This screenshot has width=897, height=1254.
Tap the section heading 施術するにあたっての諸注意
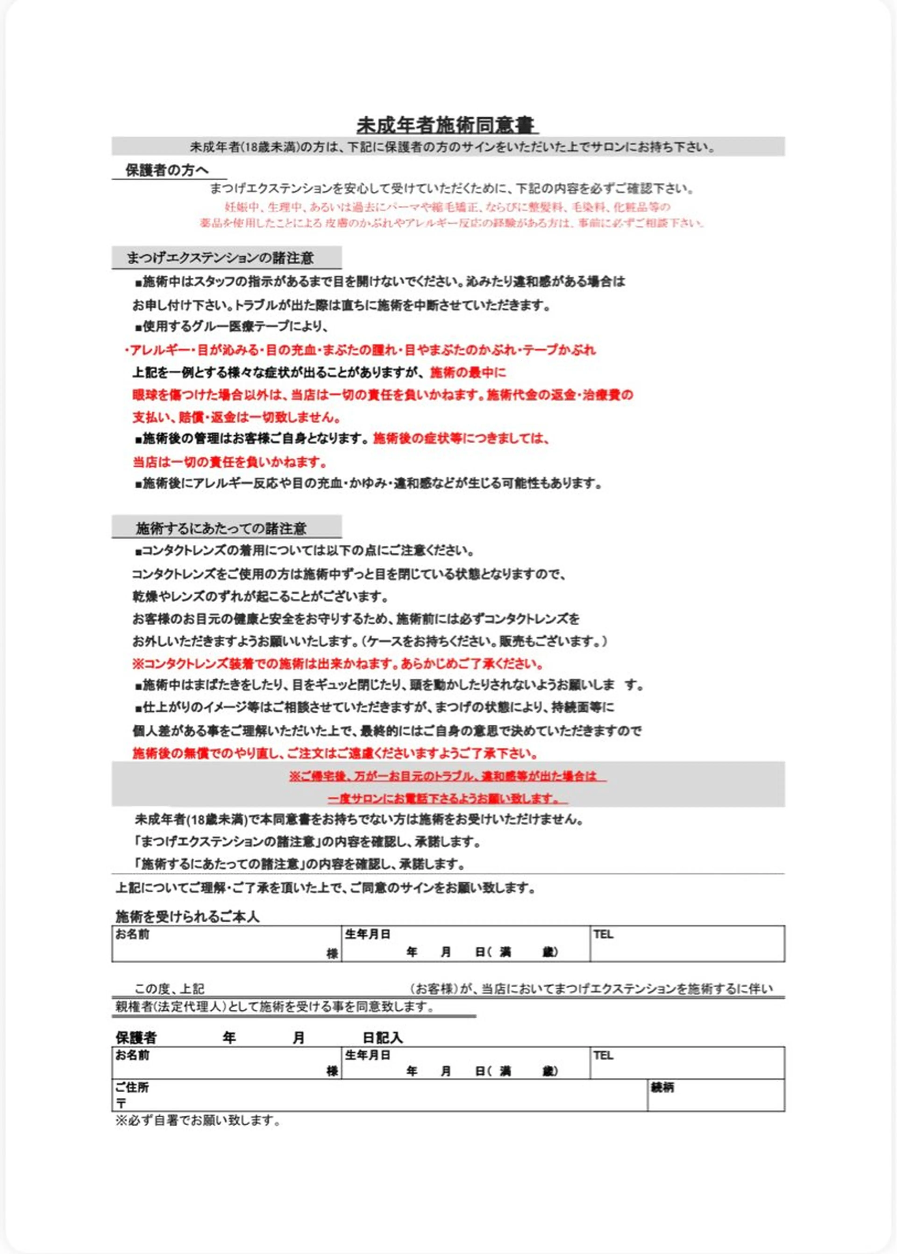[x=221, y=528]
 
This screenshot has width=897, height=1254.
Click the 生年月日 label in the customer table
[x=368, y=935]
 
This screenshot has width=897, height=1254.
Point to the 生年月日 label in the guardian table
[x=368, y=1055]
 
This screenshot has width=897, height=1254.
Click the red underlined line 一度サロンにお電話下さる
[x=447, y=799]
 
